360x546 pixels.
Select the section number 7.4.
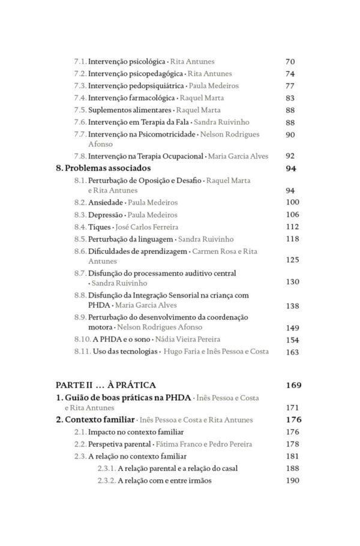pos(80,98)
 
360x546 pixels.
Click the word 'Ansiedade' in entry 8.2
pos(106,202)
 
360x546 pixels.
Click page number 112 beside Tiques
pos(292,227)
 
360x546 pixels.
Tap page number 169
pos(293,385)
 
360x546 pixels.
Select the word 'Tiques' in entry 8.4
pos(100,227)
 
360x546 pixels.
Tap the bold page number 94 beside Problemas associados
pos(291,169)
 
